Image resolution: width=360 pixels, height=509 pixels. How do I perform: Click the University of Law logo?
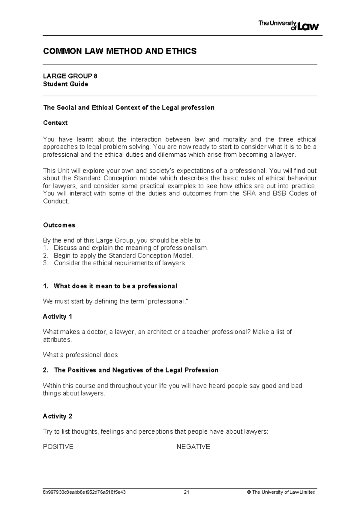point(288,26)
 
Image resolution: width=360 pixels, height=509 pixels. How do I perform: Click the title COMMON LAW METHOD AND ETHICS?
point(120,51)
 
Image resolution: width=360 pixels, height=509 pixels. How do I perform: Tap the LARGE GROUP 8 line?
point(70,76)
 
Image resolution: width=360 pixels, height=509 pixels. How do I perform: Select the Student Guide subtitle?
point(65,84)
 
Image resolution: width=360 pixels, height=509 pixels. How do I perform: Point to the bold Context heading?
point(55,123)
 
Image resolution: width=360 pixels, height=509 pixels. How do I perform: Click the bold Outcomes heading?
point(59,225)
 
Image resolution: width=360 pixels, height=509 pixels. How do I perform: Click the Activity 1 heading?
point(57,317)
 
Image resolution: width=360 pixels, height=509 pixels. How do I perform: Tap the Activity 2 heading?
point(57,416)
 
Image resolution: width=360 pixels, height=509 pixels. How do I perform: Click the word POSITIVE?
point(58,447)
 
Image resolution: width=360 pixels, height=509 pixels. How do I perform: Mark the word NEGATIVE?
point(193,447)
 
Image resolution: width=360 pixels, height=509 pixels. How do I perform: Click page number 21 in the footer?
point(186,492)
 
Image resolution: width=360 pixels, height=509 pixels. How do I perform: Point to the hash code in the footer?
point(84,492)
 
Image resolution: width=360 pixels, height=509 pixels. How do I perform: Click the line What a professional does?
point(80,355)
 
